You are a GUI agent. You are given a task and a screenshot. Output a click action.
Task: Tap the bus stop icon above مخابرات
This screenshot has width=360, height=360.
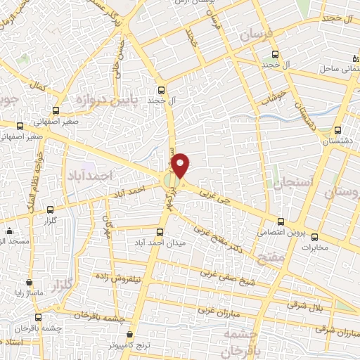coord(314,236)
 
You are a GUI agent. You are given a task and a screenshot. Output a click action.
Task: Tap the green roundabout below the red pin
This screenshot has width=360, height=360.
coord(171,182)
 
